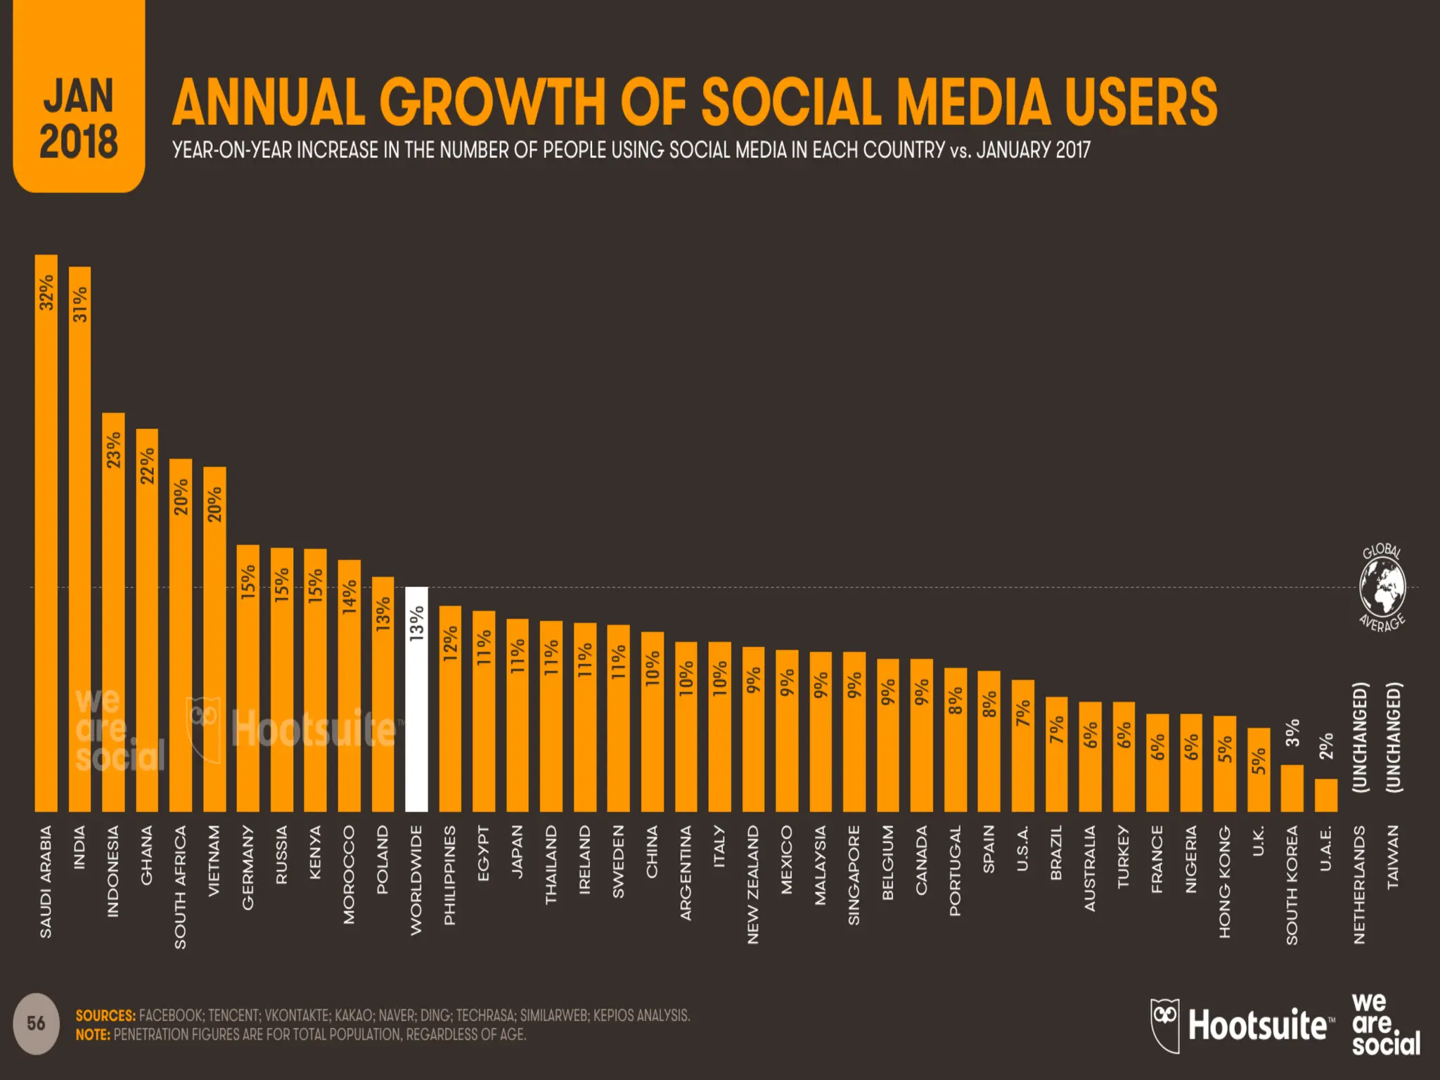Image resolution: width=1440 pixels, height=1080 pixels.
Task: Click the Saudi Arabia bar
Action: coord(46,534)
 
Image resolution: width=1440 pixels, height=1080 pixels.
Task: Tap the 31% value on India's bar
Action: coord(80,304)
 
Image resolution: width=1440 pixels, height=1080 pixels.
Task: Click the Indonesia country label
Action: coord(113,871)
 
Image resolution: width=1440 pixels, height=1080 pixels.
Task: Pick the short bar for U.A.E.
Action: coord(1325,795)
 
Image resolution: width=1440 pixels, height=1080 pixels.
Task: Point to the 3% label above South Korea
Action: coord(1292,733)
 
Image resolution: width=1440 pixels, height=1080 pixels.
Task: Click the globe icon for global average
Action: coord(1382,588)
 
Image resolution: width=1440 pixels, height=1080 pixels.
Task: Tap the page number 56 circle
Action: coord(36,1023)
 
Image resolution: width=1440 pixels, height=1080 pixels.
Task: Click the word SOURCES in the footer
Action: coord(105,1015)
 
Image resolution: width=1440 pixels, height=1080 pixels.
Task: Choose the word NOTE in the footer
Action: coord(93,1035)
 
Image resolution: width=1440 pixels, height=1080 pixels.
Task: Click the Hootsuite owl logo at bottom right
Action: coord(1165,1025)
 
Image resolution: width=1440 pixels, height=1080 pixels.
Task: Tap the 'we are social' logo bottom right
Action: coord(1385,1024)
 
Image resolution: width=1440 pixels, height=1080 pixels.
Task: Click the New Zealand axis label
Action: coord(753,884)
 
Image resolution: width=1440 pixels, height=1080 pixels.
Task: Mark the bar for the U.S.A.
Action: coord(1022,746)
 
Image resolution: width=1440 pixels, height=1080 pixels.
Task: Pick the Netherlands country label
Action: coord(1359,884)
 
